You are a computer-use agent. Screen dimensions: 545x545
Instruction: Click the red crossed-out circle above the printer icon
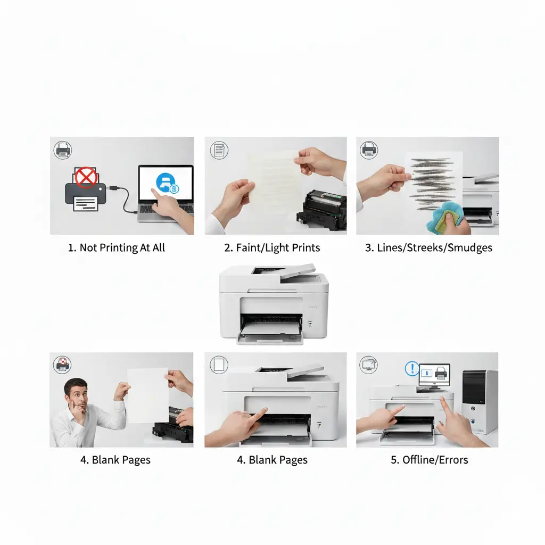coord(85,177)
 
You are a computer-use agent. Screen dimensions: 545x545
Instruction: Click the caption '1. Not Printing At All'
coord(117,248)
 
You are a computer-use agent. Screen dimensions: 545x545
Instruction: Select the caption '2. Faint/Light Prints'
coord(272,248)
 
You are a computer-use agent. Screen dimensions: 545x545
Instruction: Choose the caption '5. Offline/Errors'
coord(430,460)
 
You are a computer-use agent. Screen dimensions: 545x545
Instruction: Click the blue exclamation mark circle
coord(412,368)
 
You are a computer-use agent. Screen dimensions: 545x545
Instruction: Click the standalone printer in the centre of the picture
coord(274,304)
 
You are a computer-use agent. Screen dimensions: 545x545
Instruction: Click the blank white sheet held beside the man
coord(147,395)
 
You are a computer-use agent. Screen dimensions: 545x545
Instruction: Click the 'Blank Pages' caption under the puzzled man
coord(115,460)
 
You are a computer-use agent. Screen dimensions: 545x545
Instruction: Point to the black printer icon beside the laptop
coord(81,194)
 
